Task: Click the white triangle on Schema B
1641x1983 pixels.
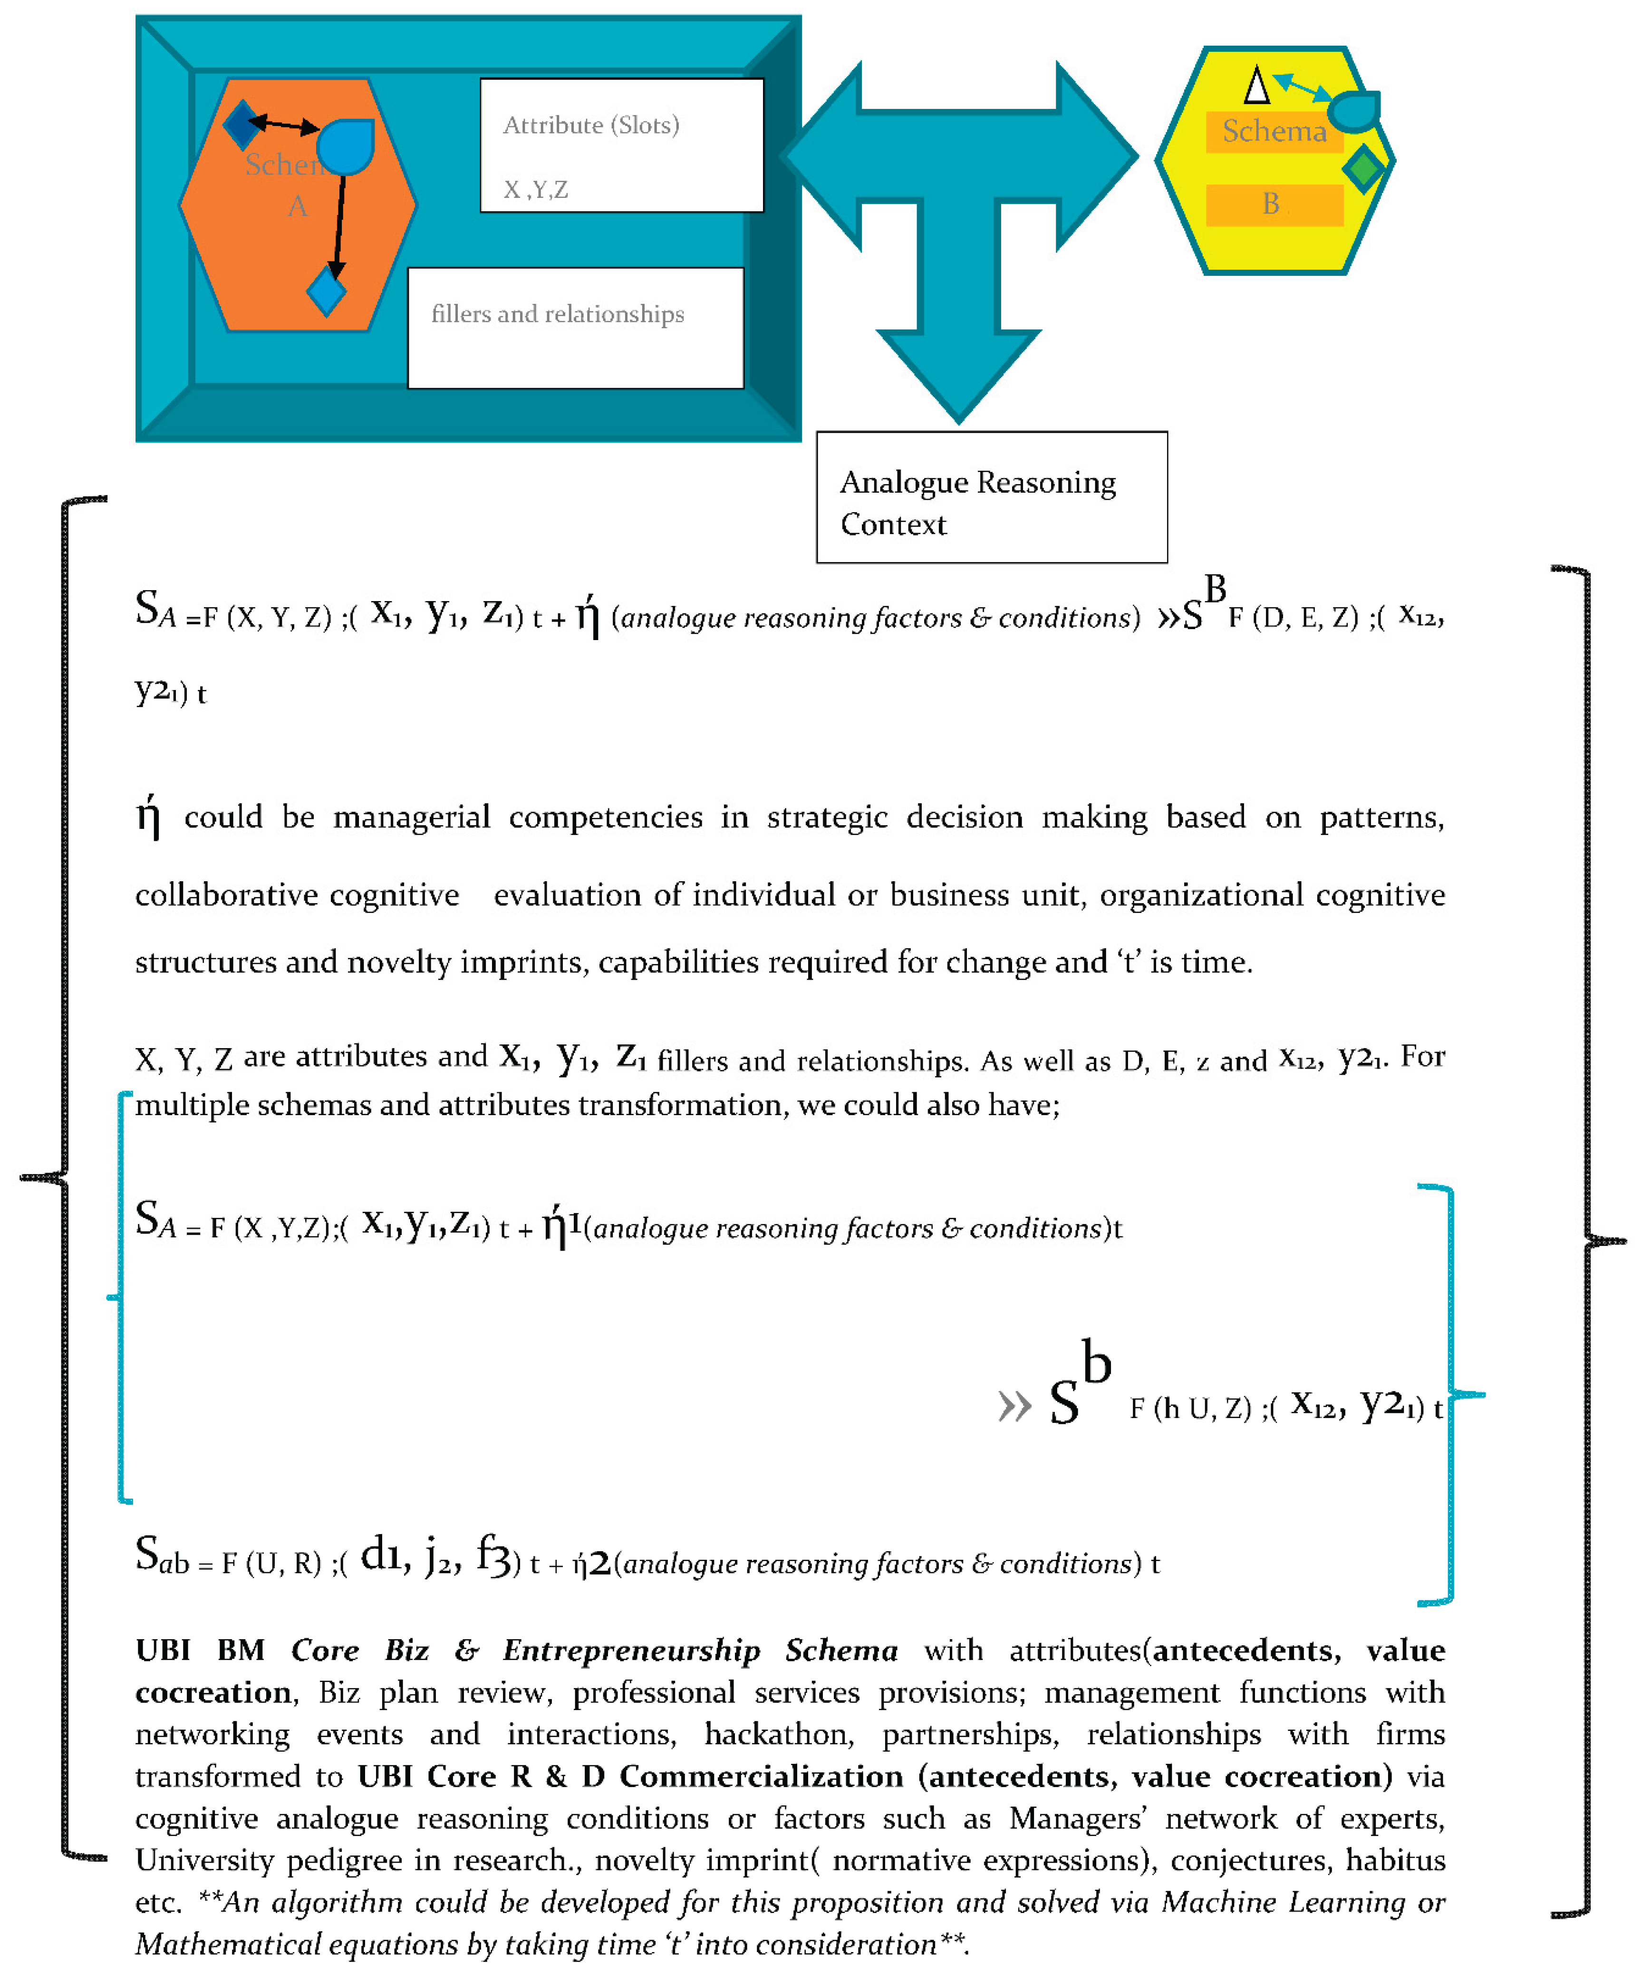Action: [x=1256, y=86]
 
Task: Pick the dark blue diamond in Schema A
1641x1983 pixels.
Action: [x=241, y=124]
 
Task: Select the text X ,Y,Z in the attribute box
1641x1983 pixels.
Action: [x=535, y=190]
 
